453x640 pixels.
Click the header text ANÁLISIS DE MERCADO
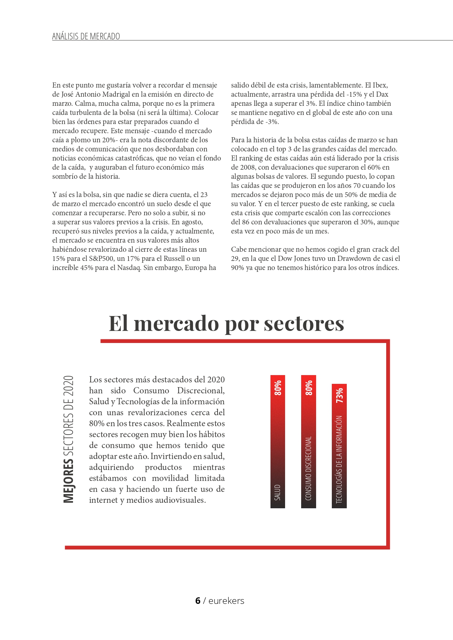click(x=86, y=36)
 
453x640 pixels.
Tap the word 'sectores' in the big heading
click(x=304, y=323)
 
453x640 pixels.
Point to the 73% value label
click(x=339, y=395)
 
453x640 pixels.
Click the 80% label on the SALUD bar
click(x=278, y=388)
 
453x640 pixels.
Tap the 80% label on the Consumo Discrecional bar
click(x=309, y=388)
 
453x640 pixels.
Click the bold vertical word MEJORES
click(x=68, y=481)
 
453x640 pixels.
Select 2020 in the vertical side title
click(x=68, y=387)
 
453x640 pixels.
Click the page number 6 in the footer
click(x=198, y=601)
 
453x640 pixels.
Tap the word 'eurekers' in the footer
click(x=226, y=601)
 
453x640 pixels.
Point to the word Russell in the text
click(x=176, y=259)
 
